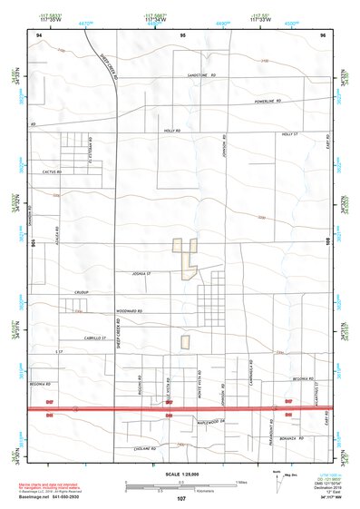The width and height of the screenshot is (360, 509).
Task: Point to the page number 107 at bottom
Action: click(181, 499)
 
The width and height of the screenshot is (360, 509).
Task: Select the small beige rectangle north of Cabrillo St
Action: click(185, 342)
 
